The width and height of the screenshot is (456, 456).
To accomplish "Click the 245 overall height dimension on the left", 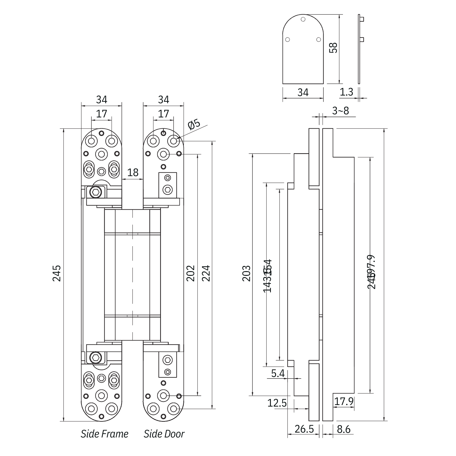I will pyautogui.click(x=56, y=273).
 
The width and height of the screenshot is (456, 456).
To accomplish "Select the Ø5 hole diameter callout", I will pyautogui.click(x=194, y=124).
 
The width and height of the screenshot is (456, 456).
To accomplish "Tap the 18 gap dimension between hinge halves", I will pyautogui.click(x=133, y=172).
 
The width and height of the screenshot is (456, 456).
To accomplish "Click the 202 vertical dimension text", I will pyautogui.click(x=191, y=273).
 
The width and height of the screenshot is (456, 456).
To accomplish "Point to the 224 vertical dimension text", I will pyautogui.click(x=206, y=273).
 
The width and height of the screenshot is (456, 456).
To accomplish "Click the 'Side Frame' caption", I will pyautogui.click(x=104, y=434).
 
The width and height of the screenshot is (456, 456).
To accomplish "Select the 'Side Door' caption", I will pyautogui.click(x=164, y=434).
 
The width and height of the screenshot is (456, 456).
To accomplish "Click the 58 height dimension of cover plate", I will pyautogui.click(x=333, y=48).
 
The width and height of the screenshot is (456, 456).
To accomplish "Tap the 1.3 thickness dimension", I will pyautogui.click(x=346, y=92).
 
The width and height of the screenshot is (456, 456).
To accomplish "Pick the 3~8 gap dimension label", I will pyautogui.click(x=340, y=111).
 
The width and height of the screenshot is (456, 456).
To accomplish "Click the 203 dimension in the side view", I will pyautogui.click(x=246, y=273).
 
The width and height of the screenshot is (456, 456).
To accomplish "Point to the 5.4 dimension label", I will pyautogui.click(x=278, y=373).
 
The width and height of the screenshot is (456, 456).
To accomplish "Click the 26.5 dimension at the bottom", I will pyautogui.click(x=304, y=429).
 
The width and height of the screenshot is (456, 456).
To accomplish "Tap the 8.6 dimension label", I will pyautogui.click(x=343, y=429).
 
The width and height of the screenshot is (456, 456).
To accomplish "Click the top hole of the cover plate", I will pyautogui.click(x=303, y=19).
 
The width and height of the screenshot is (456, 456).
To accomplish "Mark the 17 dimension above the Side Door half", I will pyautogui.click(x=164, y=114).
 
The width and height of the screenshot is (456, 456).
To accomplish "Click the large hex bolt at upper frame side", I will pyautogui.click(x=96, y=192).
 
